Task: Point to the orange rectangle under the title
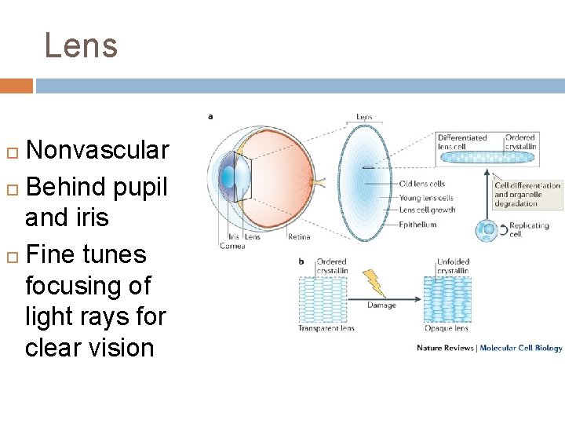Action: [16, 86]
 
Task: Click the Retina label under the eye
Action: [298, 236]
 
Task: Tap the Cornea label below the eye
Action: [232, 246]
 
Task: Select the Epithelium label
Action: [417, 225]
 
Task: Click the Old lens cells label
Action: [422, 185]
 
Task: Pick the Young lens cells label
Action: [426, 198]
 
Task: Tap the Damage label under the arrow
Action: [381, 305]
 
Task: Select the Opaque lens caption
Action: [446, 328]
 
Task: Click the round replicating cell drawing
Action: [487, 230]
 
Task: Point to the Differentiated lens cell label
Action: [462, 142]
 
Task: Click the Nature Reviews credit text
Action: [445, 348]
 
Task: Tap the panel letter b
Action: [301, 261]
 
